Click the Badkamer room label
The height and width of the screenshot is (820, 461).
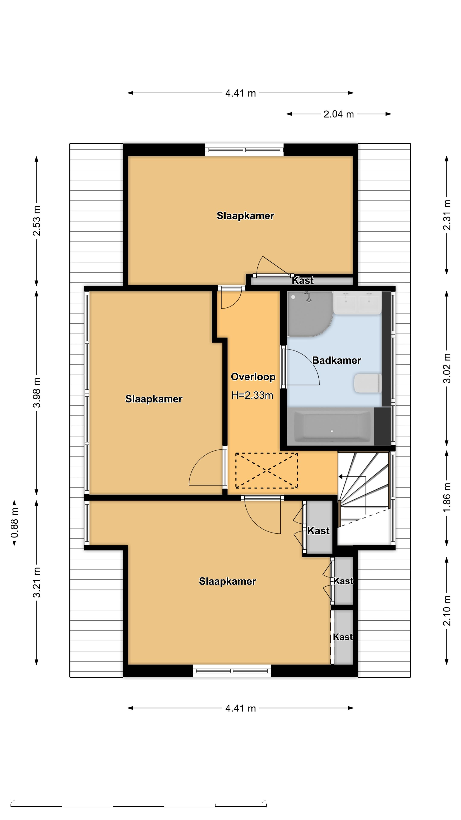tap(336, 360)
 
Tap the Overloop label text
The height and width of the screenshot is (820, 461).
tap(253, 377)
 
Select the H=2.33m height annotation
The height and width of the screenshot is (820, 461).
tap(252, 395)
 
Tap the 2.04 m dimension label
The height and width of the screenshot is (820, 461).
tap(338, 114)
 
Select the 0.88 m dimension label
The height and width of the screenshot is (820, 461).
tap(15, 523)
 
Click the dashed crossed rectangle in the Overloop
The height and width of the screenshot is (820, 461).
tap(267, 470)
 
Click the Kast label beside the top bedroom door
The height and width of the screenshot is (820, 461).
tap(303, 280)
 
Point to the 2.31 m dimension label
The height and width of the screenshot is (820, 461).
tap(447, 215)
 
